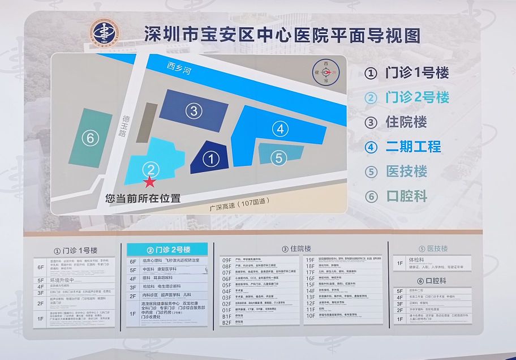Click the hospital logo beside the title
pyautogui.click(x=105, y=35)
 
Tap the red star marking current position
pyautogui.click(x=149, y=182)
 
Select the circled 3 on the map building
pyautogui.click(x=193, y=110)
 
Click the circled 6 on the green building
pyautogui.click(x=90, y=138)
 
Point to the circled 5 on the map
pyautogui.click(x=278, y=158)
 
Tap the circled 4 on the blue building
pyautogui.click(x=279, y=129)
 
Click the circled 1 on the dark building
pyautogui.click(x=210, y=159)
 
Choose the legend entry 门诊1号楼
pyautogui.click(x=407, y=73)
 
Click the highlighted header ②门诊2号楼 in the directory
pyautogui.click(x=167, y=250)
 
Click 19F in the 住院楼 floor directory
pyautogui.click(x=310, y=259)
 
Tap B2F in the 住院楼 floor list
pyautogui.click(x=227, y=323)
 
